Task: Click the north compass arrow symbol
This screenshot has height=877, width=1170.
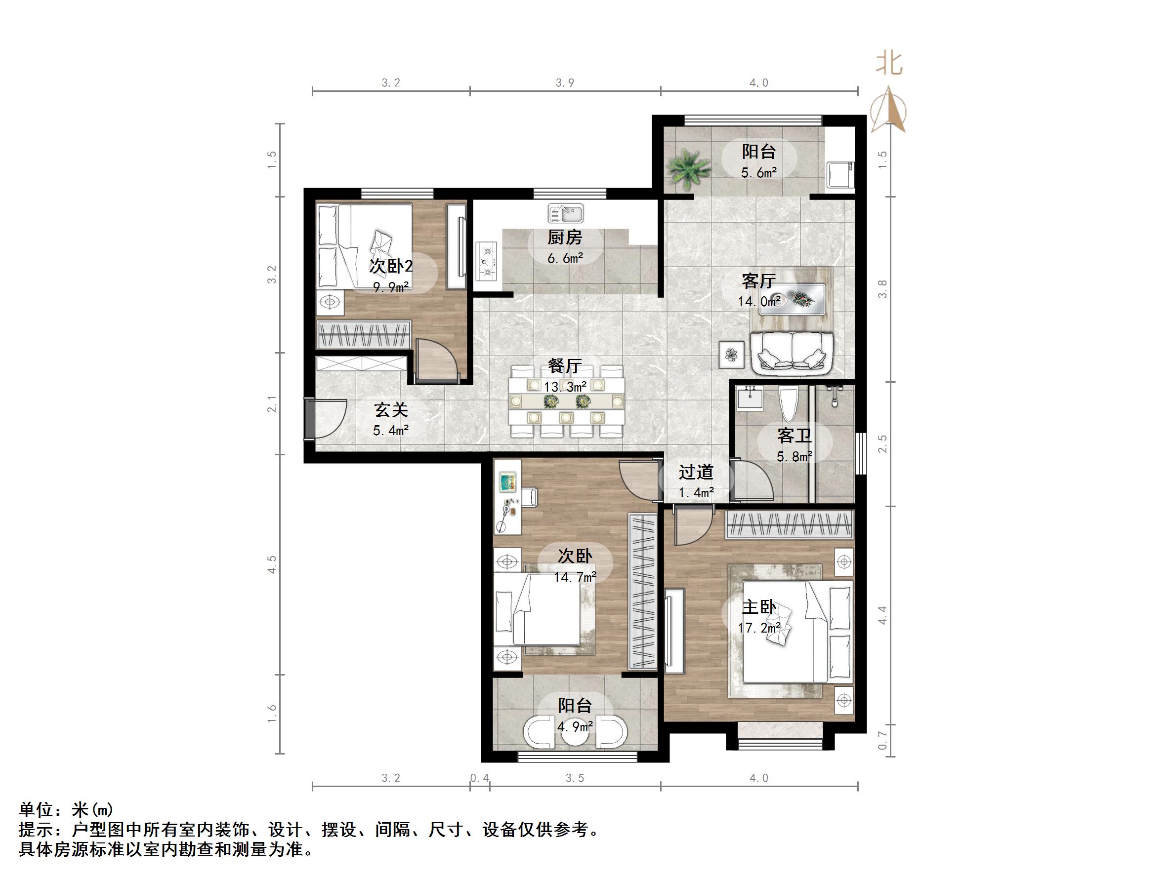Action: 888,111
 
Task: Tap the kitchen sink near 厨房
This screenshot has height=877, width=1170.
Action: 565,213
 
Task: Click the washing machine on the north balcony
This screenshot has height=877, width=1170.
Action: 840,175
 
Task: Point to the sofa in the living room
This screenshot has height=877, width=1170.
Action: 792,353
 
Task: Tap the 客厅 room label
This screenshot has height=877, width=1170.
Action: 758,280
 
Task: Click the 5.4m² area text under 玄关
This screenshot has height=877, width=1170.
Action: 390,431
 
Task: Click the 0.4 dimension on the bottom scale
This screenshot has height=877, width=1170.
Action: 480,778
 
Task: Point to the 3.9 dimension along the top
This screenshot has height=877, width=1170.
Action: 565,83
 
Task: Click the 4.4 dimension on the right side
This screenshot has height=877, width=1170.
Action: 882,615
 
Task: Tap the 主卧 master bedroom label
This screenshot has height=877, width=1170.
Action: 758,607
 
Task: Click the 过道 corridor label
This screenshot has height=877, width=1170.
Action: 696,472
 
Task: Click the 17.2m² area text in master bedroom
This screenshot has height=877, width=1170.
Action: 758,628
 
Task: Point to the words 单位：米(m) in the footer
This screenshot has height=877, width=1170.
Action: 66,809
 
